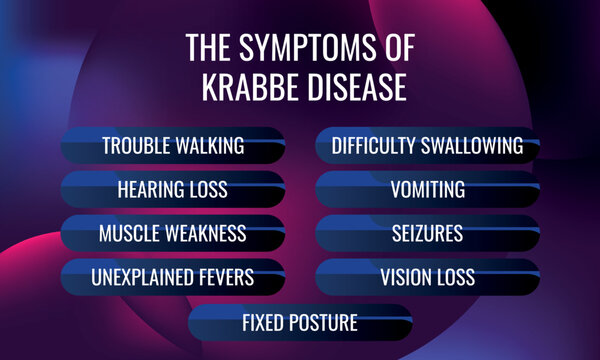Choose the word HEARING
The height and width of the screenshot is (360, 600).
[x=150, y=190]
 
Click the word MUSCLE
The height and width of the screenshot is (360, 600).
[x=130, y=234]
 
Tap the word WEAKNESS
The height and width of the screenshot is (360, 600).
[x=206, y=234]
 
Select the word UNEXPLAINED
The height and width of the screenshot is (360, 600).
[x=140, y=277]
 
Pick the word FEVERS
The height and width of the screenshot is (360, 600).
[x=224, y=277]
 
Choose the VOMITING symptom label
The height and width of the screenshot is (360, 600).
[x=428, y=190]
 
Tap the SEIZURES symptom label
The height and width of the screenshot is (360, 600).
[x=428, y=234]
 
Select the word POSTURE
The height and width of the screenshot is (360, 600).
[x=323, y=323]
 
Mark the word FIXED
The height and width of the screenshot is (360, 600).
[x=264, y=323]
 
